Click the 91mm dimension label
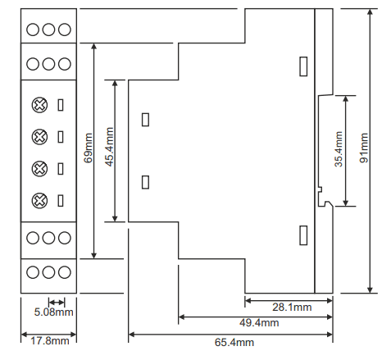coord(364,148)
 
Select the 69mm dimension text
coord(88,148)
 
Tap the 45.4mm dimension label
coord(109,147)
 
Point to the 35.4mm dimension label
coord(339,149)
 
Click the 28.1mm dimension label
coord(292,308)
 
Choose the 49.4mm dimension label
coord(259,323)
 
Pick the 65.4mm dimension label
coord(234,342)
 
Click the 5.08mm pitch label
coord(53,312)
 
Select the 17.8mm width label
coord(49,341)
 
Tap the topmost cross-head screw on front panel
coord(39,105)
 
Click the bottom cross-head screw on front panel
coord(39,201)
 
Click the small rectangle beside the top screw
coord(61,105)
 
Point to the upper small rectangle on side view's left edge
coord(145,120)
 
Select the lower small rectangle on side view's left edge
coord(145,182)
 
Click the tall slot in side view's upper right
coord(303,66)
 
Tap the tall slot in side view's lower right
coord(303,235)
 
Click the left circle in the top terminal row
coord(33,30)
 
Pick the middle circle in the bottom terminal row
coord(48,272)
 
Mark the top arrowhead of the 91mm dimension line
coord(370,12)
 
